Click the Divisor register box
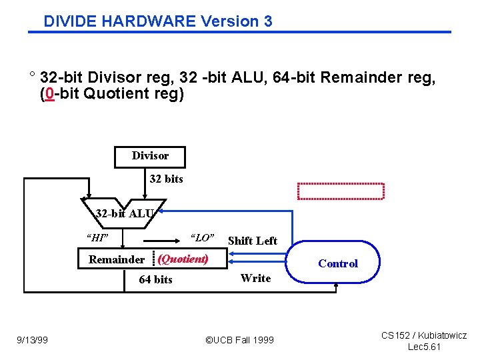coord(150,156)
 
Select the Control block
coord(337,263)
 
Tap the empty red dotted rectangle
coord(341,191)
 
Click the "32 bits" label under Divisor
coord(166,179)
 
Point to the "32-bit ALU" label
coord(125,214)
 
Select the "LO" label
coord(202,237)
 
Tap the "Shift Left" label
coord(253,241)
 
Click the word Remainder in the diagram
coord(117,259)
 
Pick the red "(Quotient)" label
coord(183,259)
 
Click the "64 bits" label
coord(155,279)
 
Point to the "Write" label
coord(255,278)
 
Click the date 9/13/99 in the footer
coord(33,340)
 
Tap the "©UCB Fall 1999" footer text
coord(239,340)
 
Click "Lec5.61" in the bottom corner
coord(424,347)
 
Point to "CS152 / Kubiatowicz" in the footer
coord(424,335)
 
